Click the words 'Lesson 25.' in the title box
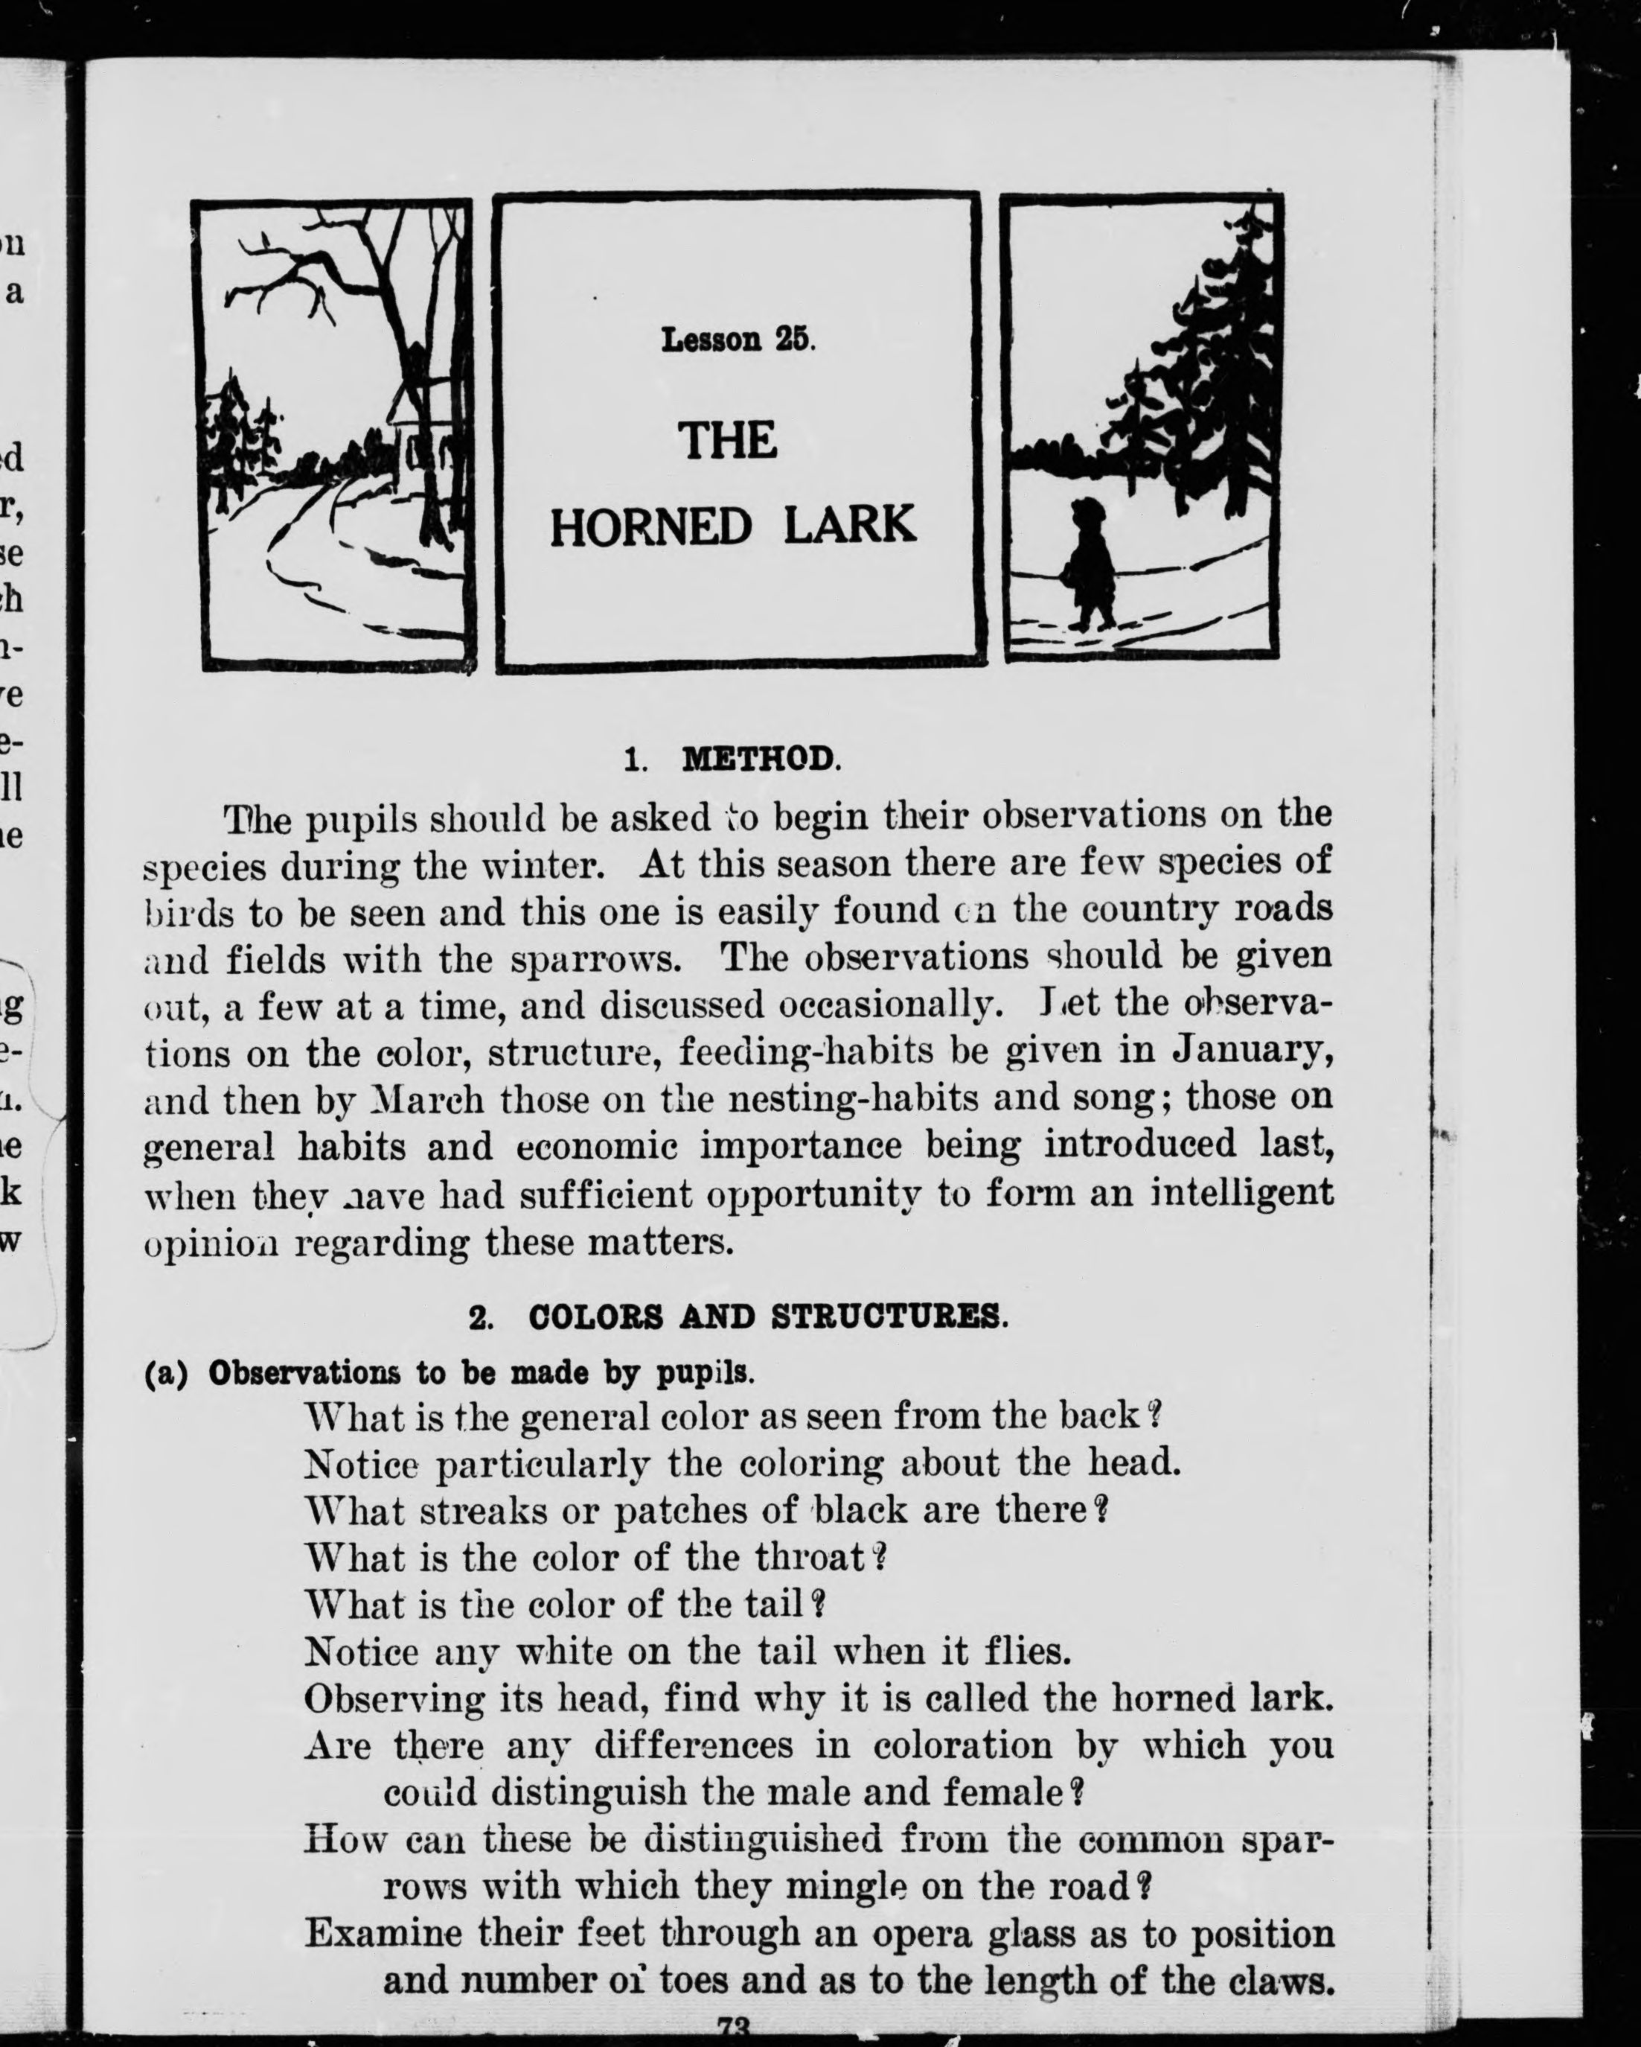738,339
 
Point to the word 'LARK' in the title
849,525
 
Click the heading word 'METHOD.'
761,759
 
